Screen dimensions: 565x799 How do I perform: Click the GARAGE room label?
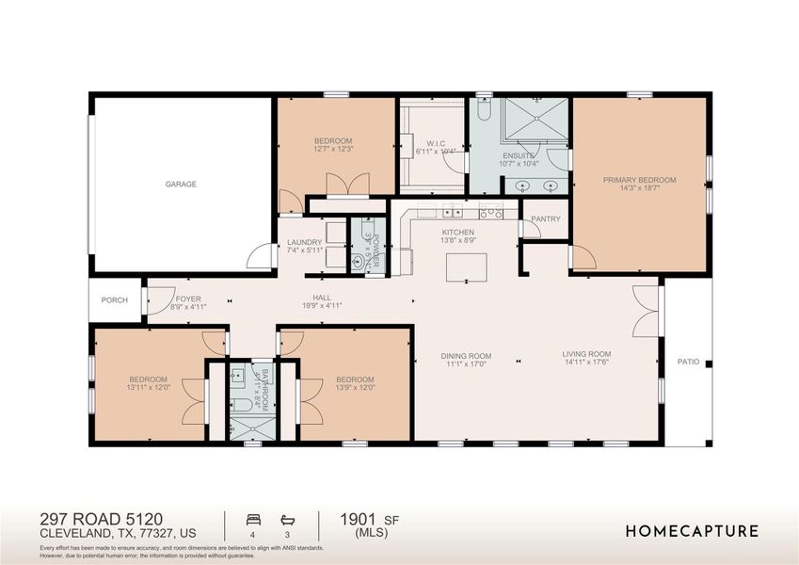[x=181, y=185]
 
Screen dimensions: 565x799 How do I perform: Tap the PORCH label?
[x=115, y=300]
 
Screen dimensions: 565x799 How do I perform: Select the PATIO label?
[x=688, y=362]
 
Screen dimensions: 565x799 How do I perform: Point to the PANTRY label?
[x=546, y=219]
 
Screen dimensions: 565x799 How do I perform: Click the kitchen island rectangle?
[x=466, y=267]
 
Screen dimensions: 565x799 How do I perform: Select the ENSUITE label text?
[x=519, y=156]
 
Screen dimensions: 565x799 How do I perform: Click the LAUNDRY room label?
[x=304, y=242]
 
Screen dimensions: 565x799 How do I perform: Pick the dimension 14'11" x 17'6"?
[x=587, y=363]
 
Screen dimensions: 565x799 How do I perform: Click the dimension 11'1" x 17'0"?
[x=466, y=364]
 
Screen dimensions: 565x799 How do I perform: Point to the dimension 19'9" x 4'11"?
[x=323, y=305]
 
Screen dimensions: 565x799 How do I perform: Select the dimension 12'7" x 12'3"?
[x=333, y=149]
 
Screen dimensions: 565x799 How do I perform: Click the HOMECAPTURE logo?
[x=692, y=531]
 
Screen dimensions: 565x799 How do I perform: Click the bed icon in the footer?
[x=251, y=519]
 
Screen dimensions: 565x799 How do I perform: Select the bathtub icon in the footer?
[x=287, y=519]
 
